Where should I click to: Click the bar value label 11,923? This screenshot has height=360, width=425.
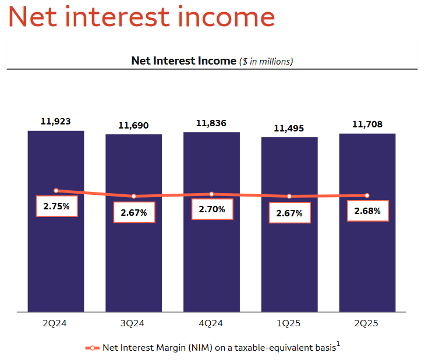(55, 122)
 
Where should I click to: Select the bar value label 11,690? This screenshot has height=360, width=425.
(133, 126)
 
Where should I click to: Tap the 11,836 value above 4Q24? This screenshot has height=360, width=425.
(211, 123)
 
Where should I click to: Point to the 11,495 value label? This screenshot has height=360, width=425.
(289, 129)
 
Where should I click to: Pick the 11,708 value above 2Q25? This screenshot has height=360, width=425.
(367, 124)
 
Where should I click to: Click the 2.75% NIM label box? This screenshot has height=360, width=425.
(57, 206)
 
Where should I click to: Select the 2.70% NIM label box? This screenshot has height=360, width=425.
(212, 209)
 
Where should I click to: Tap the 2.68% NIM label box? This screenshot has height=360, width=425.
(368, 211)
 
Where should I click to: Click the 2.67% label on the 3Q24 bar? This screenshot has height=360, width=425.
(134, 212)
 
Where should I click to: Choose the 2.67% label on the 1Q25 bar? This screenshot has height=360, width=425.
(289, 213)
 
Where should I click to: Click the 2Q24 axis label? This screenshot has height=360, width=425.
(55, 323)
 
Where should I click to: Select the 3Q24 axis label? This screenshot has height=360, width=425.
(132, 323)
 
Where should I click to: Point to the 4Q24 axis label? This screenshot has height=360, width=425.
(211, 323)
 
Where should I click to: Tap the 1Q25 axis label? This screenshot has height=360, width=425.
(288, 323)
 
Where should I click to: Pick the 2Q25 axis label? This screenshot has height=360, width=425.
(366, 323)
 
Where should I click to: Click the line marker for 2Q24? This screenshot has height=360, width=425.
(56, 191)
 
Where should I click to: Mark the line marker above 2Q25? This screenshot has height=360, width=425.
(367, 195)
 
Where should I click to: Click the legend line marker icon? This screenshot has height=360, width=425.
(92, 348)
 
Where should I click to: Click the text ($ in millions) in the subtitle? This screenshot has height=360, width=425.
(266, 62)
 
